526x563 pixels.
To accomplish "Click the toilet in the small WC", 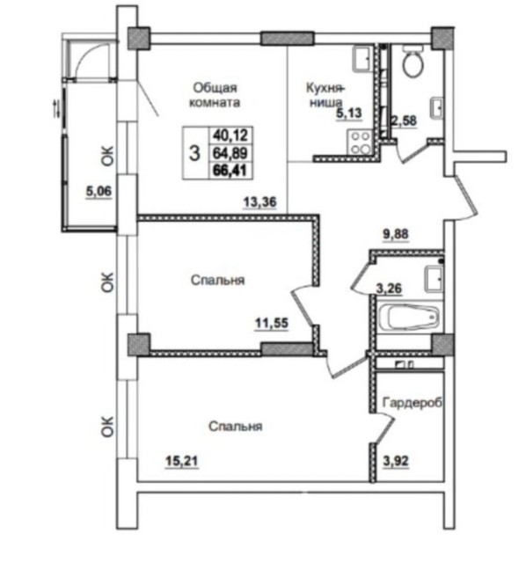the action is coord(413,61).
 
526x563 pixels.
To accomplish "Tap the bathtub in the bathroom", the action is coord(409,317).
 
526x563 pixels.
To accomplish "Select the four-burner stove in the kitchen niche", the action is coord(360,143).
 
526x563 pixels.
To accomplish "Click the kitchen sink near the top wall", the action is coord(363,58).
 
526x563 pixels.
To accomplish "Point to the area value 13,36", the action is coord(260,201).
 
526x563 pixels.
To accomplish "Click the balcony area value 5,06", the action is coord(99,191).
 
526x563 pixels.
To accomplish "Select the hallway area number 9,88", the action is coord(396,234).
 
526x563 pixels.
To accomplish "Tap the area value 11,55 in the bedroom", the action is coord(272,323).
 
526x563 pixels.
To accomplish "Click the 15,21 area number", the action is coord(182,461).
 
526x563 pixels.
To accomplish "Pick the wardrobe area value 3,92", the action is coord(396,461).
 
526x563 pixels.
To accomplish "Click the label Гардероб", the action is coord(413,403).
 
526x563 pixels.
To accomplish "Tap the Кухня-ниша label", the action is coord(325,95).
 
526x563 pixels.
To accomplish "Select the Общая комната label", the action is coord(215,95).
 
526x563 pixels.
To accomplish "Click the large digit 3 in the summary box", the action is coord(194,153).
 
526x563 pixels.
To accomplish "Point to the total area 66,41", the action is coord(230,170).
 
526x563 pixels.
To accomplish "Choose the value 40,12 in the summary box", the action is coord(230,135).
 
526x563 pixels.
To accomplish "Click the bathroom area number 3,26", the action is coord(389,288).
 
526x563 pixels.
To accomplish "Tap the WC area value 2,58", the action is coord(404,121).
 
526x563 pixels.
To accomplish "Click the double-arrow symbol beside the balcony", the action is coord(56,109).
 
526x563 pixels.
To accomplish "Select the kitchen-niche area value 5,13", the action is coord(349,113).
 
